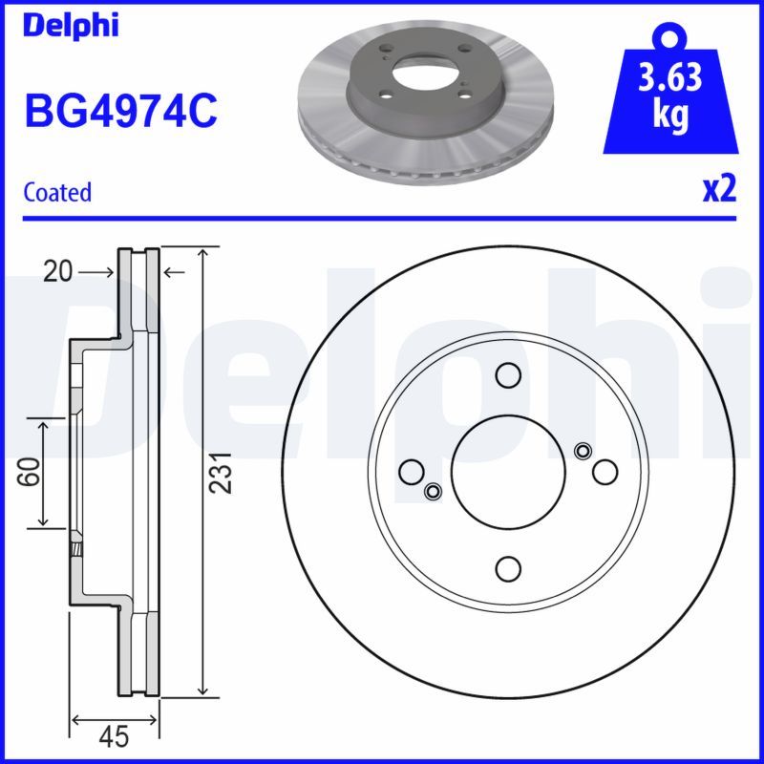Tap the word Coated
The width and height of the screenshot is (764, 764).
pyautogui.click(x=57, y=192)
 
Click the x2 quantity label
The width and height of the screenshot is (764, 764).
pyautogui.click(x=719, y=189)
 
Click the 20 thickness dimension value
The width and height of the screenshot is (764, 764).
pyautogui.click(x=57, y=273)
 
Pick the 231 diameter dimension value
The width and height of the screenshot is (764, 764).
pyautogui.click(x=222, y=472)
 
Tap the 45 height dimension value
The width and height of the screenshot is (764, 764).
pyautogui.click(x=115, y=736)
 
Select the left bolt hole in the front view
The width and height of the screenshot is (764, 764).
pyautogui.click(x=413, y=472)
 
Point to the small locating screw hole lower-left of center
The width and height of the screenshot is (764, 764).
pyautogui.click(x=433, y=492)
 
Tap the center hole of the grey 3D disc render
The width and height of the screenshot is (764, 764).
pyautogui.click(x=423, y=75)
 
